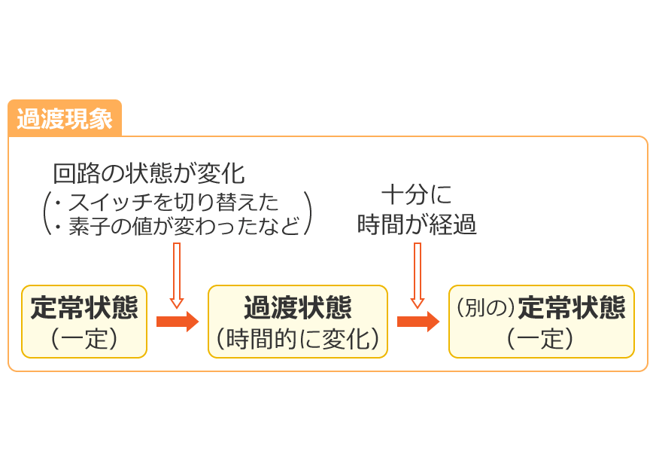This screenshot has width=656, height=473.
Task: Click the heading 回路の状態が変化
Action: pos(148,174)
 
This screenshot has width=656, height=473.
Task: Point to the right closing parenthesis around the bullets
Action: pos(308,213)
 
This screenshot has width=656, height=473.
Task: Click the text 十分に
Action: pos(417,197)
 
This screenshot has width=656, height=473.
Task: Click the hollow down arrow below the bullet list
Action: pos(178,276)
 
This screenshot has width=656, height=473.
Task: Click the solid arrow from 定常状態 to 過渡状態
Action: pos(177,322)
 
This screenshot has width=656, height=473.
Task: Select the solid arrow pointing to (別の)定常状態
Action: pos(418,322)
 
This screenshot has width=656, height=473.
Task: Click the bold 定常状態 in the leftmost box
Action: pos(84,308)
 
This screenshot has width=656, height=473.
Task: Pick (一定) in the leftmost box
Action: pos(84,338)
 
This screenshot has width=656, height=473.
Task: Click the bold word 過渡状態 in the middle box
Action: pos(298,308)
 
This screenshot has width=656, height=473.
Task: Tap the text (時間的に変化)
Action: pos(298,339)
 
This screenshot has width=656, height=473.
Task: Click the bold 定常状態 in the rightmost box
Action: pos(572,308)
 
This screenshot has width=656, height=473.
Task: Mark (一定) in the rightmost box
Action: pos(541,339)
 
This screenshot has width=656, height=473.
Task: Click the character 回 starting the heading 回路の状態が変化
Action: pos(62,174)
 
